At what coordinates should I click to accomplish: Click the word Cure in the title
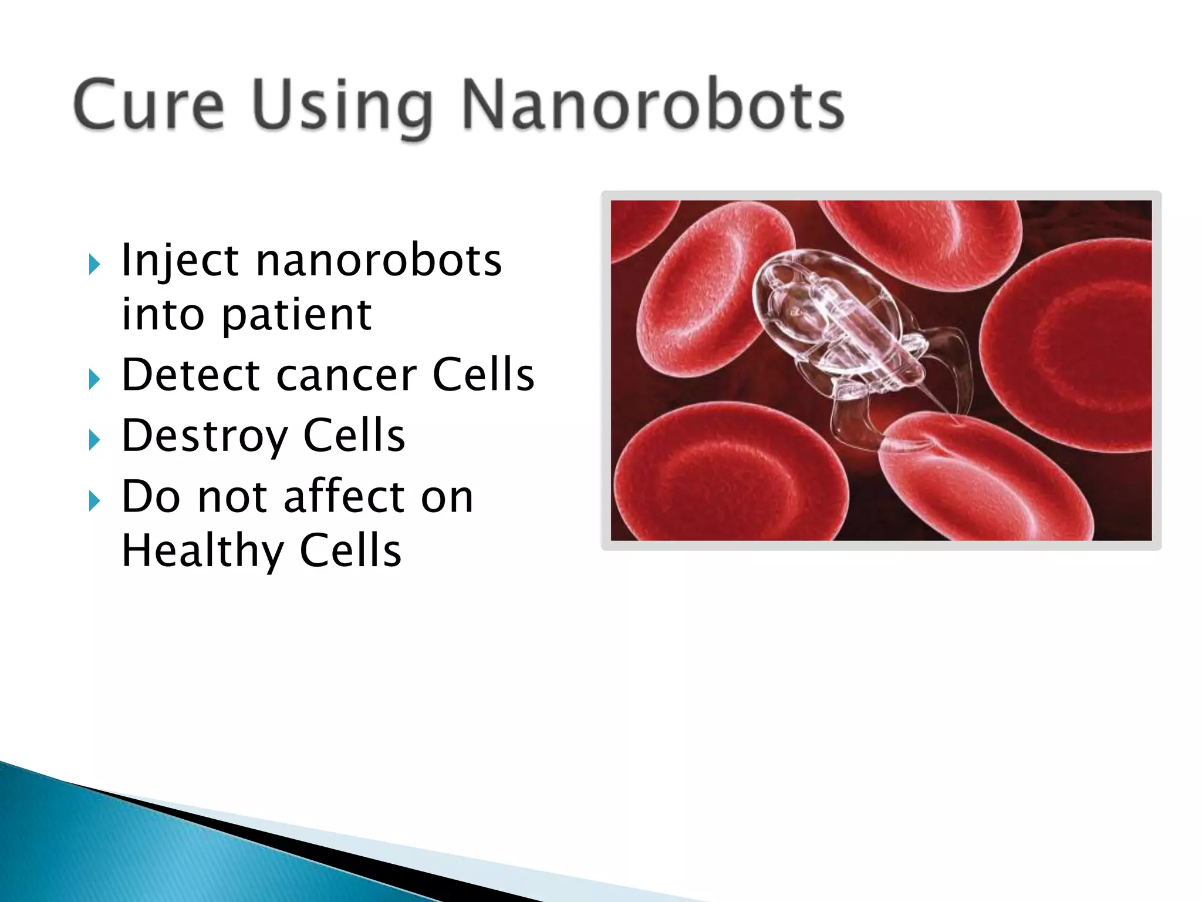[x=149, y=105]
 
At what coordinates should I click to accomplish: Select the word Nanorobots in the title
[x=653, y=105]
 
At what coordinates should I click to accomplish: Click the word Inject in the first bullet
[x=180, y=261]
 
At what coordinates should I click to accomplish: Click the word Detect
[x=191, y=375]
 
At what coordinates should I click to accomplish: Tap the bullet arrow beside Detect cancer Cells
[x=94, y=379]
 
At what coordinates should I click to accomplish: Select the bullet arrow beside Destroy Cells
[x=94, y=440]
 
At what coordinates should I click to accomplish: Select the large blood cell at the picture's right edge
[x=1074, y=346]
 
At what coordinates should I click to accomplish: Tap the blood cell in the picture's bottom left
[x=728, y=476]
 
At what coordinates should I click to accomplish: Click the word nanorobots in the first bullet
[x=379, y=261]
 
